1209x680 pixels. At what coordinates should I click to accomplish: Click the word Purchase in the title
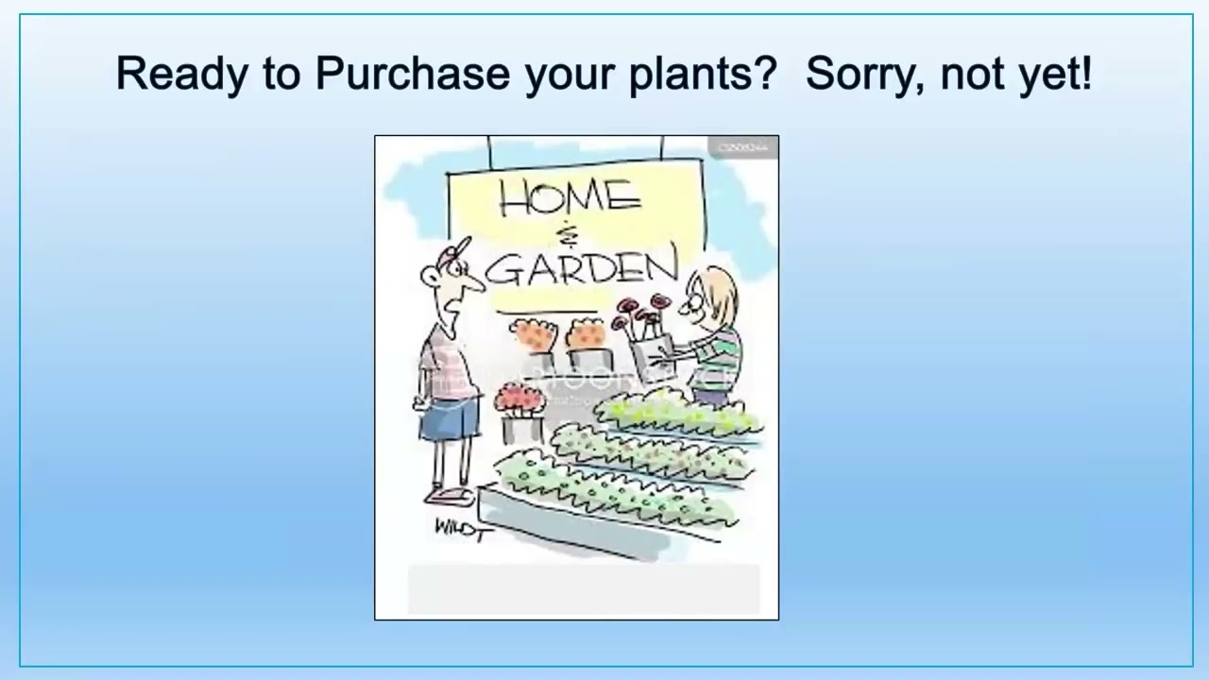[x=412, y=73]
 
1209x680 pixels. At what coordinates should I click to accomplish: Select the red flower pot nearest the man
[x=519, y=398]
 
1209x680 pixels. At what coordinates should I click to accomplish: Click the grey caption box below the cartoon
[x=583, y=589]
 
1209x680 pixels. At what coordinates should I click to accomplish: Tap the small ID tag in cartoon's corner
[x=742, y=147]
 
